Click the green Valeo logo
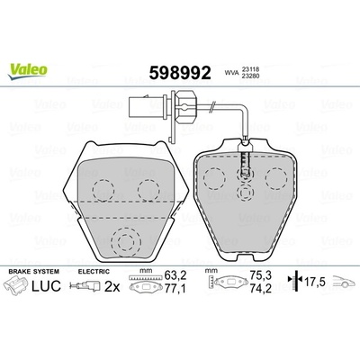pyautogui.click(x=28, y=72)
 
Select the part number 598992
pyautogui.click(x=180, y=72)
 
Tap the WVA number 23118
pyautogui.click(x=249, y=68)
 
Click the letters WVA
pyautogui.click(x=231, y=72)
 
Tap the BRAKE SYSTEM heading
pyautogui.click(x=34, y=272)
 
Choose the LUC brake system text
pyautogui.click(x=46, y=285)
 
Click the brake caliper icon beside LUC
pyautogui.click(x=16, y=285)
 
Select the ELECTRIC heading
pyautogui.click(x=94, y=272)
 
